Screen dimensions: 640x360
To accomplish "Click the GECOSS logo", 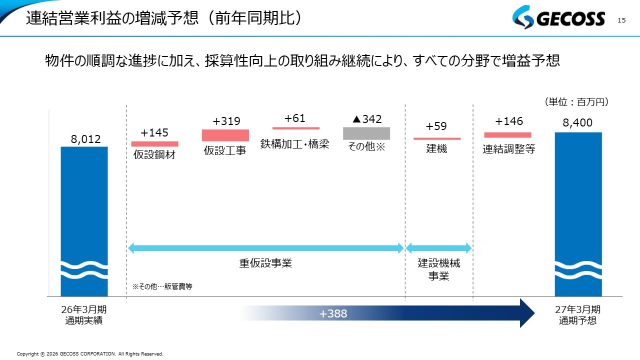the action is click(558, 17).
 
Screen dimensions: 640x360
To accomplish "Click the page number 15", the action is click(621, 20).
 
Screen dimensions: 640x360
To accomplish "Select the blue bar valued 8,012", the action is click(84, 221).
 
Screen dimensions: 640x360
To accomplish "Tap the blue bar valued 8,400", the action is click(578, 214).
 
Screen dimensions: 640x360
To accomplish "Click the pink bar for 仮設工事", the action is click(225, 135).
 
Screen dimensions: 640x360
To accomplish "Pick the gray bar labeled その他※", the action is click(366, 133).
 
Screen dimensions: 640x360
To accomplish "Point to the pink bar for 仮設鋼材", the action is click(155, 143).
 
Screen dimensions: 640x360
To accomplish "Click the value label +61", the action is click(295, 118).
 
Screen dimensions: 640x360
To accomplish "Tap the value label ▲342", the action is click(367, 119).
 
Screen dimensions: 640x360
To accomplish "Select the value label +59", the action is click(436, 126).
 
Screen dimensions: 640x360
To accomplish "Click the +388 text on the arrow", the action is click(333, 313).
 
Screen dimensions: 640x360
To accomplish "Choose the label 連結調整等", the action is click(509, 149).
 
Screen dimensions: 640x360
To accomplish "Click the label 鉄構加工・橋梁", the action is click(295, 144).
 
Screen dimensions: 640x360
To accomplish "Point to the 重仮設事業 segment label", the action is click(265, 263).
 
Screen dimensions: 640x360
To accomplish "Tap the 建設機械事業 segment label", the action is click(439, 269).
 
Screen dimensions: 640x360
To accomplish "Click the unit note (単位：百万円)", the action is click(576, 101).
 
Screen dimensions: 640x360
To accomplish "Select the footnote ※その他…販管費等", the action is click(162, 286).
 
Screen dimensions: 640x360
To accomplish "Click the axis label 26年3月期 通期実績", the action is click(84, 315).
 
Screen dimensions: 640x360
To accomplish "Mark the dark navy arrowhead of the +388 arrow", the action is click(527, 313).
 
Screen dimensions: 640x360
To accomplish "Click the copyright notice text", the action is click(90, 353).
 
